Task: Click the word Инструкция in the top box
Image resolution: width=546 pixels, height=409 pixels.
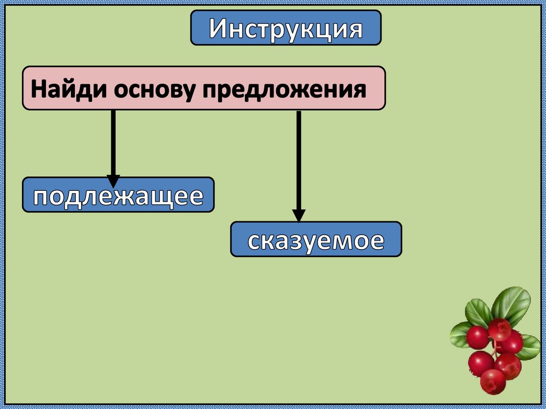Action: [x=286, y=29]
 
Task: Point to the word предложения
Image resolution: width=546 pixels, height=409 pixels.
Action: [x=284, y=89]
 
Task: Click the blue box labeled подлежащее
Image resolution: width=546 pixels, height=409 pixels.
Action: [x=118, y=196]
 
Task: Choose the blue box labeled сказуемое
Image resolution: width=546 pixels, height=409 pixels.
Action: [x=316, y=240]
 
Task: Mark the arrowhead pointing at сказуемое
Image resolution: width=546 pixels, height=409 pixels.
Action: [x=299, y=214]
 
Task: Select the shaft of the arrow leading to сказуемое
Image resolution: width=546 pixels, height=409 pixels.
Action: [x=299, y=160]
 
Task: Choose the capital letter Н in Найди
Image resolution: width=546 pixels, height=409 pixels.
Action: [x=38, y=89]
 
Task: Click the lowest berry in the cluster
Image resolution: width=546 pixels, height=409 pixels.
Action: [x=492, y=381]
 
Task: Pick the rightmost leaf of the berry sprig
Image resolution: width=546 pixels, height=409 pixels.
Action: [x=529, y=347]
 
